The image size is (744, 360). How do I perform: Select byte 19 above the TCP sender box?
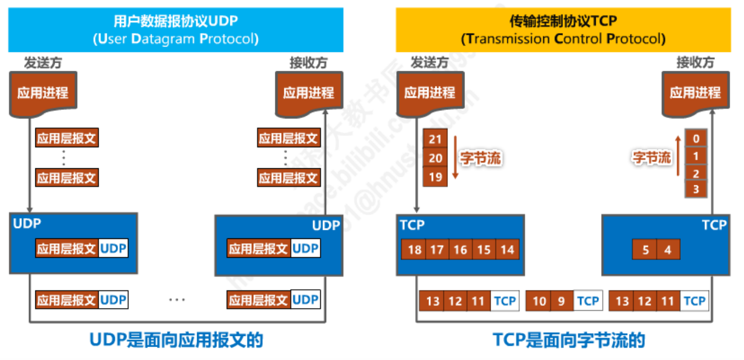[x=435, y=177]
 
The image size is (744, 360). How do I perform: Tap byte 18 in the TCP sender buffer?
[x=414, y=250]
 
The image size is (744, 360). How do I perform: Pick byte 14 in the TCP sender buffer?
[x=507, y=250]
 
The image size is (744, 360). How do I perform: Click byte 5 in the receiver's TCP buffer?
[x=645, y=250]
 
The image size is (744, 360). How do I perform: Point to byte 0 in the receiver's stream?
[x=696, y=139]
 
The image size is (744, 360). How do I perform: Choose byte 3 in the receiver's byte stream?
[x=696, y=189]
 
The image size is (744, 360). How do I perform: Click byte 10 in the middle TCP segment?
[x=539, y=301]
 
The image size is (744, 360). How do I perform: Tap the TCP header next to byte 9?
[x=588, y=301]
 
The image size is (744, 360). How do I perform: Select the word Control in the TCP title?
[x=578, y=39]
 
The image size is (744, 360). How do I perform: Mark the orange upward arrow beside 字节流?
[x=678, y=156]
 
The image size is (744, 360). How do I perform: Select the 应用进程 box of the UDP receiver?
[x=308, y=93]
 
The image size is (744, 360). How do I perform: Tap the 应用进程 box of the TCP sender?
[x=430, y=93]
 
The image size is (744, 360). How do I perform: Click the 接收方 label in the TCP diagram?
[x=695, y=63]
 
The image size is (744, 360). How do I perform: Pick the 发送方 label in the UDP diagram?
[x=43, y=63]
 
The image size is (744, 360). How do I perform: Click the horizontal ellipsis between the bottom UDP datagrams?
[x=177, y=299]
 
